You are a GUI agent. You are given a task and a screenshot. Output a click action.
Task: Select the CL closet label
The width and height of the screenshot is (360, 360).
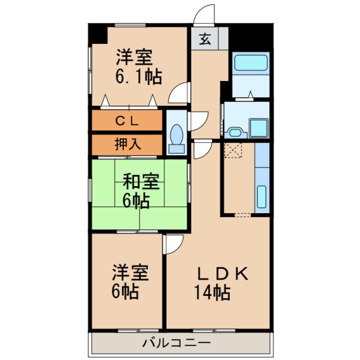127,121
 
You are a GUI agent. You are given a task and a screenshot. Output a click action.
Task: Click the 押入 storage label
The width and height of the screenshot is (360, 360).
127,144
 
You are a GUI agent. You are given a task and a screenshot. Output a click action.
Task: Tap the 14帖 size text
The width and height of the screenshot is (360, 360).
212,293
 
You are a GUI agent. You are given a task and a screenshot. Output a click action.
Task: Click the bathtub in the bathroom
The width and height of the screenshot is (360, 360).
251,63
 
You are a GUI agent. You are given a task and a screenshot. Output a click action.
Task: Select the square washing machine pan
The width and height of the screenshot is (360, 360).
258,127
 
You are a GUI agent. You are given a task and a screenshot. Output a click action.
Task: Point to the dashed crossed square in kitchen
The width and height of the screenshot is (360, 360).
233,151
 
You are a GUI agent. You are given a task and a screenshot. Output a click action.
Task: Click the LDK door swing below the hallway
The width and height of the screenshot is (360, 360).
202,150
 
